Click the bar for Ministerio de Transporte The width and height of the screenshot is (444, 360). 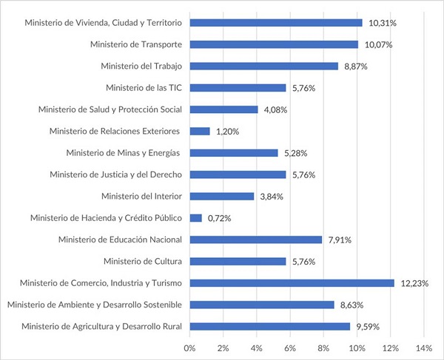pos(274,44)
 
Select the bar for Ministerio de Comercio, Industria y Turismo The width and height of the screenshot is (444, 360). pos(292,282)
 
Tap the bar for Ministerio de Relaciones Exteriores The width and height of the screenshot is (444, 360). pos(200,132)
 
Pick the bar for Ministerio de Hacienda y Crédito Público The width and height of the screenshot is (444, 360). pos(196,218)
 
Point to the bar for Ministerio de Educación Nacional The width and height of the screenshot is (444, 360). pos(256,240)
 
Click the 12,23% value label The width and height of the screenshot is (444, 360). pos(415,282)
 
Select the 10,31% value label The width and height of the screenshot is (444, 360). pos(382,23)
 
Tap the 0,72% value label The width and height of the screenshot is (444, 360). pos(220,218)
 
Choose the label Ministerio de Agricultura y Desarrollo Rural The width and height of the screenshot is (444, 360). pos(102,326)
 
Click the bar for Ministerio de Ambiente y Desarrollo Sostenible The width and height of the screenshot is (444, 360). pos(262,305)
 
